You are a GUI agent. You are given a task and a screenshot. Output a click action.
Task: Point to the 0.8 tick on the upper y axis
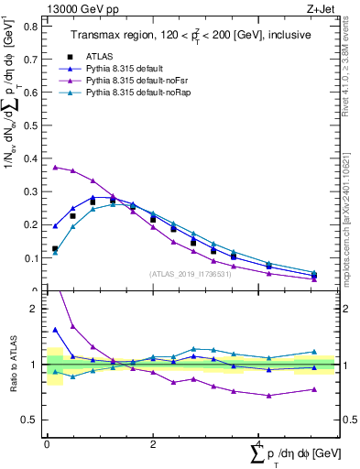tap(33, 26)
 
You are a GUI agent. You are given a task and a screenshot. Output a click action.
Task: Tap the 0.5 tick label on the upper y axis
tap(33, 125)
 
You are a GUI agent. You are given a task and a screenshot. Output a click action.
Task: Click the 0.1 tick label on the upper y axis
tap(33, 258)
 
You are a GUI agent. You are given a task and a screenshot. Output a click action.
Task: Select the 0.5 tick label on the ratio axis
tap(33, 420)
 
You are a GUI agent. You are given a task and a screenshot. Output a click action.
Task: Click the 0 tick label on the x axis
tap(47, 443)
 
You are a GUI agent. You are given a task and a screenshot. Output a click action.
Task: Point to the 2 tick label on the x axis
tap(153, 443)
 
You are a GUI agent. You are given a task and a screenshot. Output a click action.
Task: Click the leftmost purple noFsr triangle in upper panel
tap(56, 168)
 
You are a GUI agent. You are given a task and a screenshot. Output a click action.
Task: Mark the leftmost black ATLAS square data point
tap(55, 248)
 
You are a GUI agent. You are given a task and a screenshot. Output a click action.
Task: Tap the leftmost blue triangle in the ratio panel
tap(55, 330)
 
